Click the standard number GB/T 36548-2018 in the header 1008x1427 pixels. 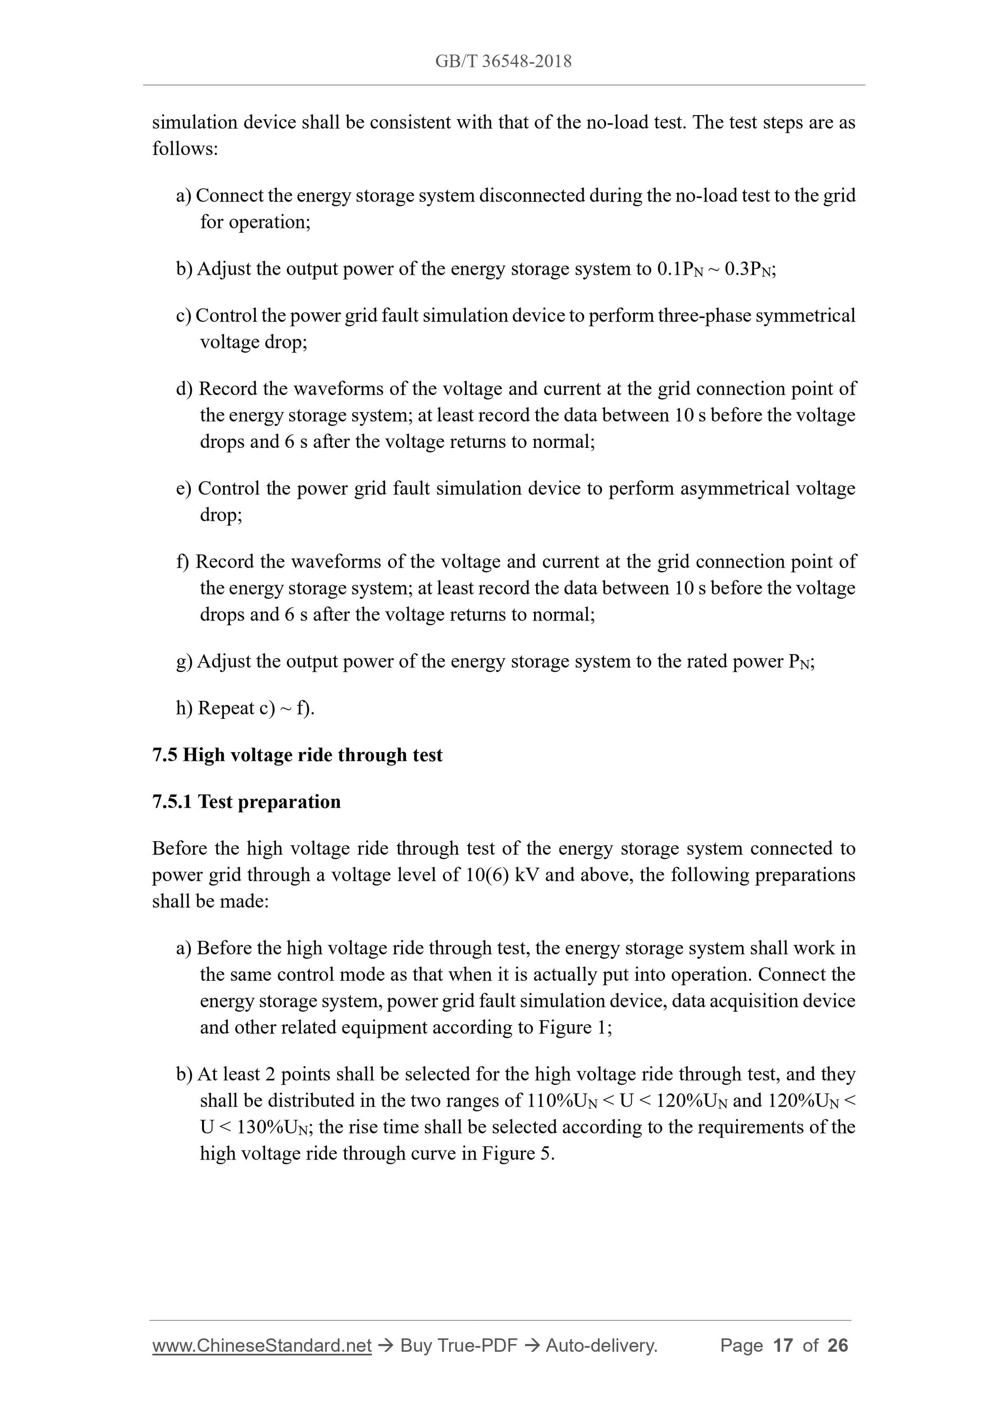click(x=503, y=61)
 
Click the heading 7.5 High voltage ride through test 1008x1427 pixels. click(x=297, y=755)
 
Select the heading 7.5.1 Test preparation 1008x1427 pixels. click(x=246, y=802)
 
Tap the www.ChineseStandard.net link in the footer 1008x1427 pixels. click(x=262, y=1346)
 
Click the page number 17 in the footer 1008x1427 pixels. click(x=783, y=1346)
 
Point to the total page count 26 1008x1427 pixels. click(x=837, y=1346)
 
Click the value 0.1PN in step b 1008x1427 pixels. click(x=680, y=269)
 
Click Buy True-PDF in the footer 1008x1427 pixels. click(x=458, y=1346)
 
